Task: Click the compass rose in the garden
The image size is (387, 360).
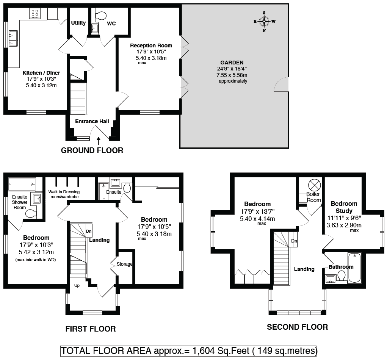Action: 264,22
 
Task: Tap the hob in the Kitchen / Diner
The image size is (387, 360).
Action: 35,13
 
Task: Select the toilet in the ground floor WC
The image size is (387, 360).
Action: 100,16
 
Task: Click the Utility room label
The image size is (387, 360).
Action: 78,23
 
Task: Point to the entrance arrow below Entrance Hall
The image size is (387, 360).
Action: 99,141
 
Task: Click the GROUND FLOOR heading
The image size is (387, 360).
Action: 92,150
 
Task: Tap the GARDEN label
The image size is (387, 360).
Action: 232,63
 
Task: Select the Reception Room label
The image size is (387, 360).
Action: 151,45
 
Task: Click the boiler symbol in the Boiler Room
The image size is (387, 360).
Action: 315,185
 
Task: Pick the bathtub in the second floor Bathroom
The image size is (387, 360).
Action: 355,268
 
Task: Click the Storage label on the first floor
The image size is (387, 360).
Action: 124,264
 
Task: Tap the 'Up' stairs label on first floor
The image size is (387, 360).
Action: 77,285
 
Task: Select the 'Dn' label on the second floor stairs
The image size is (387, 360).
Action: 294,241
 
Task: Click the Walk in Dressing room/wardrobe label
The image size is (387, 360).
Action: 64,194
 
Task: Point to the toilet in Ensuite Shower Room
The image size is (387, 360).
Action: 31,213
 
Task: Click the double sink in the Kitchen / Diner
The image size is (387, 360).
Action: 13,38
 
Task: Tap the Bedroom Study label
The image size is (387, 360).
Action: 344,207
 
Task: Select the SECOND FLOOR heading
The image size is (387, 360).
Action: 298,327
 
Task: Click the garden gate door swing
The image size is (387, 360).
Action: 281,84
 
